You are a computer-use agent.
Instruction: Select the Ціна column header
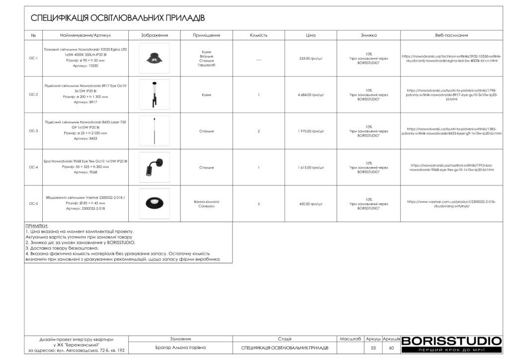(311, 35)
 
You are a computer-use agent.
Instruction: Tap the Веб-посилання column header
(451, 35)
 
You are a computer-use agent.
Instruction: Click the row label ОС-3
(33, 131)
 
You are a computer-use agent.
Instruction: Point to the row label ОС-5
(33, 203)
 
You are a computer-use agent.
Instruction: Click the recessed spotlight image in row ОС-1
(154, 58)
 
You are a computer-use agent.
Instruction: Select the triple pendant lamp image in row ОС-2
(154, 94)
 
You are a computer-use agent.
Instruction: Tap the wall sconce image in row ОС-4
(154, 167)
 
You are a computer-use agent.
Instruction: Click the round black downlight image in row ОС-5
(154, 203)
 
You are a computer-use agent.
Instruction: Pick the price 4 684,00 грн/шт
(311, 94)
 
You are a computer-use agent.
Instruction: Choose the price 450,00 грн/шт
(311, 203)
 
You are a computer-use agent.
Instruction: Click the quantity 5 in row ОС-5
(259, 203)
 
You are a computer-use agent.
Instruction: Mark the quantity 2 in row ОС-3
(259, 131)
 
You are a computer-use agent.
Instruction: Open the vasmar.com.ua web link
(451, 203)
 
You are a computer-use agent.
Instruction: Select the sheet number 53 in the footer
(373, 348)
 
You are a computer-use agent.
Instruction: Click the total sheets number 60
(391, 348)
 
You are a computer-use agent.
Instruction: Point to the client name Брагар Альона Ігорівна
(180, 348)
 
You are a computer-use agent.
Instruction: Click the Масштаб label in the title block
(350, 339)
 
